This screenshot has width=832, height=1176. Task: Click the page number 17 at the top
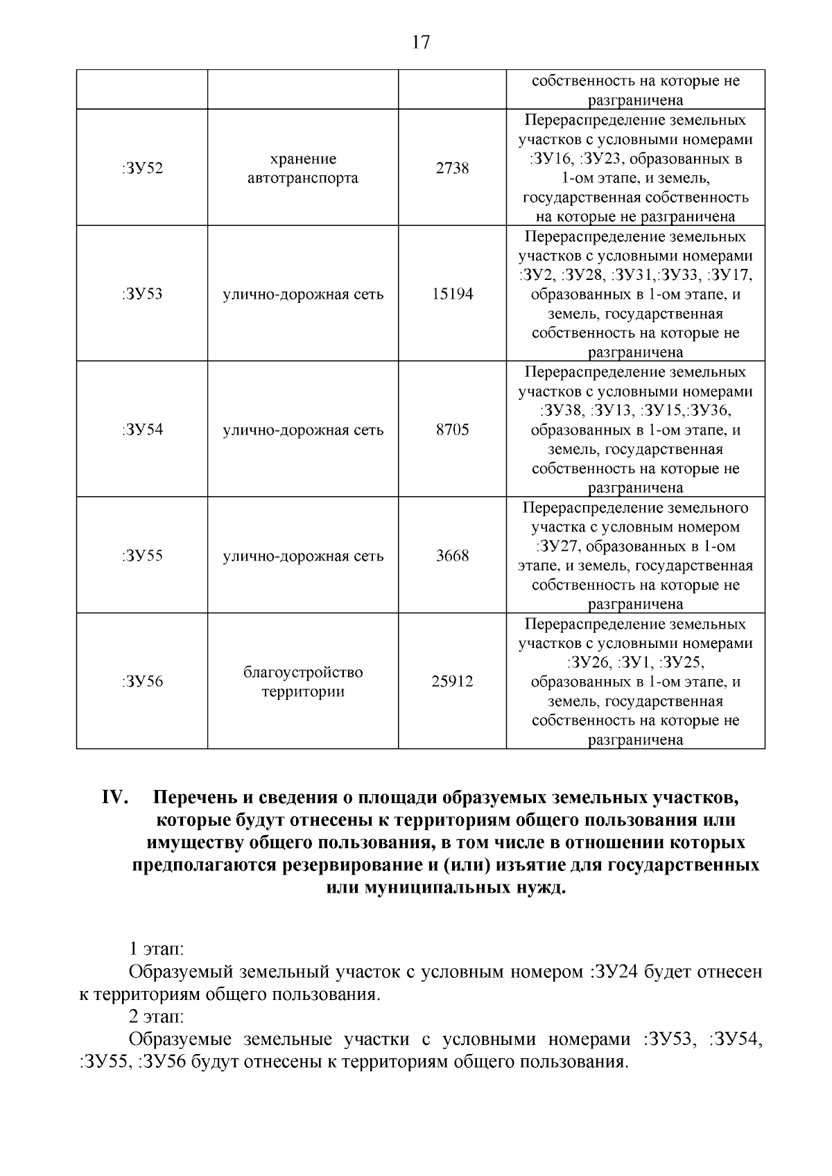pos(420,43)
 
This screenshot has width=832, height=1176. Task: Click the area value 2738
pos(452,168)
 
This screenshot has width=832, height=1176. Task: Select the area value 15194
pos(452,294)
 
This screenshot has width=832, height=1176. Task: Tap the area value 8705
pos(452,430)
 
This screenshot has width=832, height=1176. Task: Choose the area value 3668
pos(452,556)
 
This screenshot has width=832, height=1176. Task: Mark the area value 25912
pos(452,682)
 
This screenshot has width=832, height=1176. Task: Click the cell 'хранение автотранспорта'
pos(303,168)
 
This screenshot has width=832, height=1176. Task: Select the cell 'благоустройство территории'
pos(303,682)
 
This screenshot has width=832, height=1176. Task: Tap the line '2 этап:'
pos(156,1017)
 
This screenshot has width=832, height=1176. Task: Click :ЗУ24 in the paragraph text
pos(613,972)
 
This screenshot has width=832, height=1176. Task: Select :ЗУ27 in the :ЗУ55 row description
pos(556,546)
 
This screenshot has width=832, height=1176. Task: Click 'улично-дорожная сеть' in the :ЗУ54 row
pos(303,430)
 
